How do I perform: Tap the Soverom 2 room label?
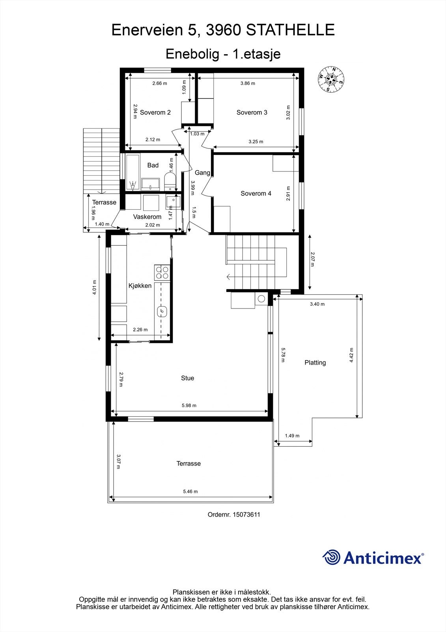[155, 113]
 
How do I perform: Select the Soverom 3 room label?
[252, 113]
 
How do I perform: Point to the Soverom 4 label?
[256, 194]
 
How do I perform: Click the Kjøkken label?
[140, 286]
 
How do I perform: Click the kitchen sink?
[162, 312]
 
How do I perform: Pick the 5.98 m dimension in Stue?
[189, 405]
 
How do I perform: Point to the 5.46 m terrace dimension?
[190, 491]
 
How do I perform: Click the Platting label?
[315, 363]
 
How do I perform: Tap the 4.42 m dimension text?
[351, 355]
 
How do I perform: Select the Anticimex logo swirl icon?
[331, 557]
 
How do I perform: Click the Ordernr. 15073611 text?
[234, 515]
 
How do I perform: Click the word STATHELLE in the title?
[290, 30]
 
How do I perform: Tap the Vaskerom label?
[147, 217]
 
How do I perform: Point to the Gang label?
[202, 173]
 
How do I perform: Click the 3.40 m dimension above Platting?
[317, 304]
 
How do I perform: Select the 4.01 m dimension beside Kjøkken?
[94, 287]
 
